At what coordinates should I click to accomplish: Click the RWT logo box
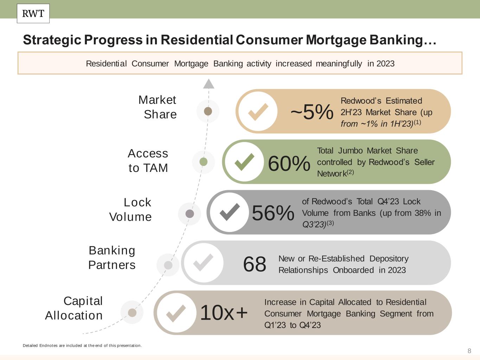[x=33, y=13]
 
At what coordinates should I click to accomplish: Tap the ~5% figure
[x=312, y=112]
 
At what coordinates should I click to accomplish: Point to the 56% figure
[x=273, y=213]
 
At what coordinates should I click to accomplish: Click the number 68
[x=255, y=264]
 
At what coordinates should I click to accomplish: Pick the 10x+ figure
[x=224, y=313]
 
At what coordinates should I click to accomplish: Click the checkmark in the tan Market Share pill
[x=258, y=112]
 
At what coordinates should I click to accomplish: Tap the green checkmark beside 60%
[x=244, y=162]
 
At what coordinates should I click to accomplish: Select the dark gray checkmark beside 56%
[x=230, y=212]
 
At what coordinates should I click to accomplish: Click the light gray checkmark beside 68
[x=203, y=263]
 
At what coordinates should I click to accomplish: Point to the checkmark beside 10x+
[x=176, y=314]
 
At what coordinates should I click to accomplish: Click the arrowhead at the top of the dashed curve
[x=209, y=84]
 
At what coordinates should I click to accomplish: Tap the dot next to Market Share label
[x=208, y=111]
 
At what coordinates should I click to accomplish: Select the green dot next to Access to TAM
[x=204, y=162]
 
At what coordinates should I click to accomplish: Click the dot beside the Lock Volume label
[x=190, y=214]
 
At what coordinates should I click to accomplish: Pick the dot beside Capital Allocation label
[x=132, y=313]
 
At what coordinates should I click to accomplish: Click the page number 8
[x=469, y=351]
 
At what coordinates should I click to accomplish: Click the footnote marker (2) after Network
[x=350, y=172]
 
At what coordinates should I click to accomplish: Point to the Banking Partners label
[x=112, y=258]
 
